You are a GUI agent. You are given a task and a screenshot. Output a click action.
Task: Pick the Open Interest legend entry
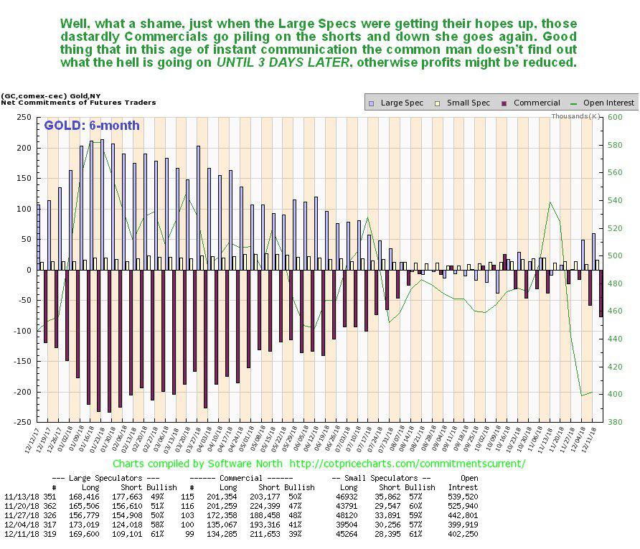coord(606,103)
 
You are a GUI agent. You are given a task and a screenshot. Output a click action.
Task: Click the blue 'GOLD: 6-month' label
coord(91,126)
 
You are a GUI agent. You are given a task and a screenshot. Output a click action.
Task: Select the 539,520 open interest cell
coord(462,497)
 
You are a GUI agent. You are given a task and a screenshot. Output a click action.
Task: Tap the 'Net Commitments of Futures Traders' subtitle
coord(78,103)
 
